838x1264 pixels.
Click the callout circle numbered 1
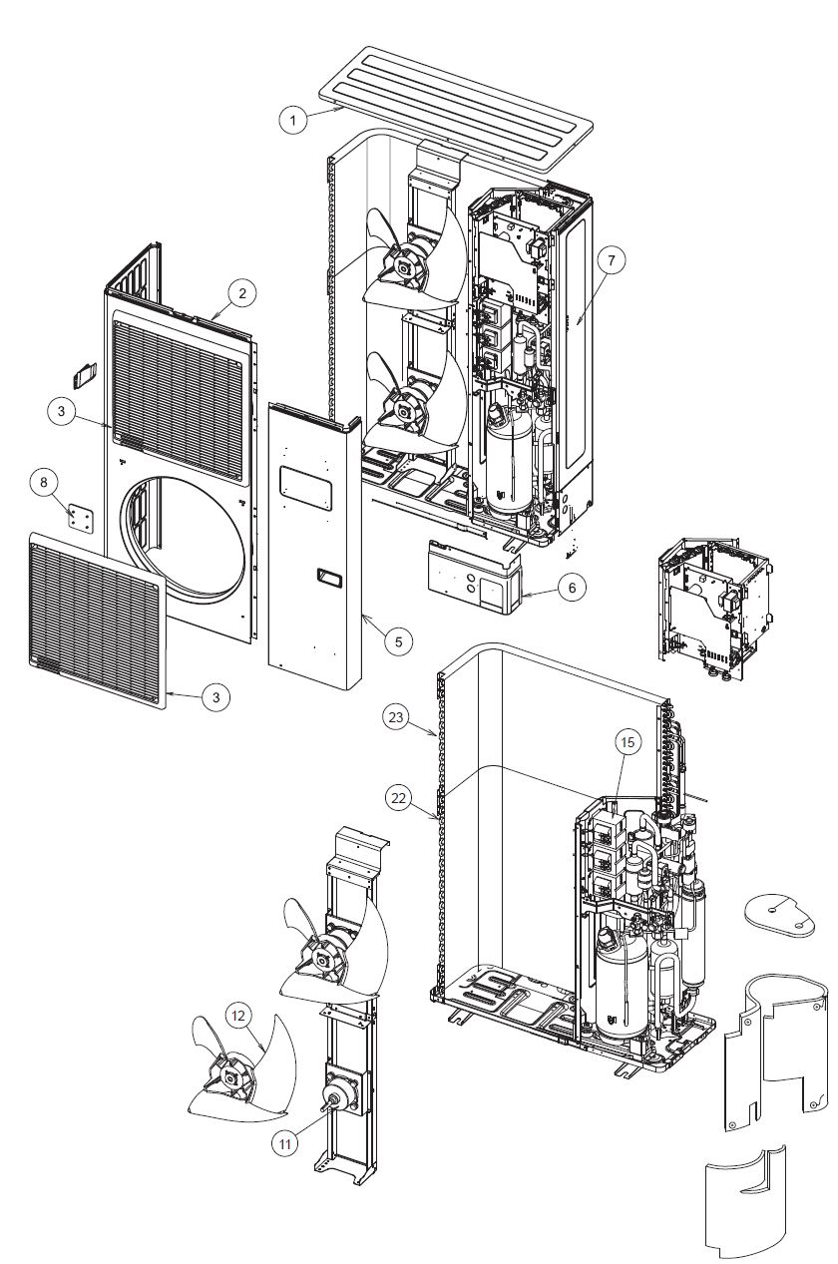tap(292, 120)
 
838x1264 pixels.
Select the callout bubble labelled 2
tap(240, 293)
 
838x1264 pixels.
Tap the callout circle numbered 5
tap(398, 641)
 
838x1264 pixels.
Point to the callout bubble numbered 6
tap(572, 588)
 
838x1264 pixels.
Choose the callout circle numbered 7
tap(612, 258)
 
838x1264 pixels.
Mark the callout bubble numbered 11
tap(284, 1144)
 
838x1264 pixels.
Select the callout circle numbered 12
tap(237, 1015)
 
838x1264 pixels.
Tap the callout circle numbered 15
tap(626, 743)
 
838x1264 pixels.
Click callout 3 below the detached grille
tap(215, 697)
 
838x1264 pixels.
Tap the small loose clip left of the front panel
tap(83, 375)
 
